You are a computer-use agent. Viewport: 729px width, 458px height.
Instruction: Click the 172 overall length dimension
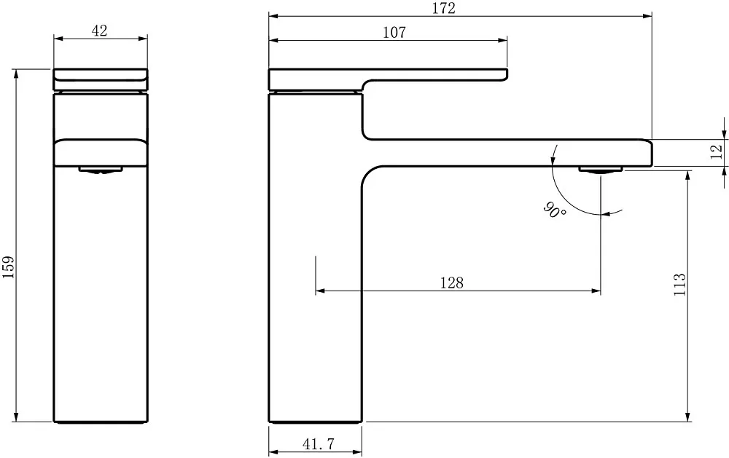coord(444,8)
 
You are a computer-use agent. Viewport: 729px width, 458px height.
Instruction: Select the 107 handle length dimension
coord(394,33)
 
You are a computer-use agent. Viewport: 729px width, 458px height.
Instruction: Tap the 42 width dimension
coord(99,31)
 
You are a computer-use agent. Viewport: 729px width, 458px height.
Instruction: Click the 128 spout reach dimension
coord(452,283)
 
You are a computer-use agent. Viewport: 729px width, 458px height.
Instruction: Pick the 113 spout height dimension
coord(679,284)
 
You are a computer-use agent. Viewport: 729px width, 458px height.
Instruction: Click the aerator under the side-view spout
coord(600,170)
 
